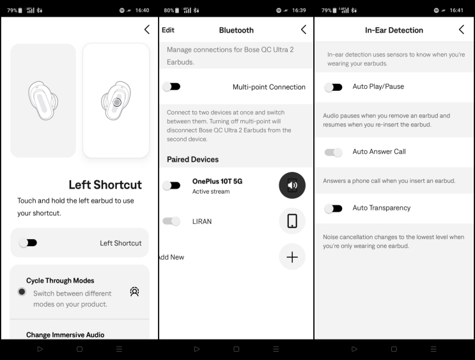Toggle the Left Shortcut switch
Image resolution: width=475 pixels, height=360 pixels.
click(28, 243)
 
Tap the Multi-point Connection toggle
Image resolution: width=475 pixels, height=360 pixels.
click(171, 87)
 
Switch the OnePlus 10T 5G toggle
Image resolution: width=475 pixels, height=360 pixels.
click(171, 185)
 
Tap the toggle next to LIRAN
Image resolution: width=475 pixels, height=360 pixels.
click(171, 221)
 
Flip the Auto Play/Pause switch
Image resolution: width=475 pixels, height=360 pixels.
click(333, 87)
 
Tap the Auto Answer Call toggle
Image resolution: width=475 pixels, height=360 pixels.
click(333, 152)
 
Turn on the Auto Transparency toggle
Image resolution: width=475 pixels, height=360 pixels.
click(333, 208)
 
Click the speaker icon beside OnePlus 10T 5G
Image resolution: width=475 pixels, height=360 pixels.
click(292, 185)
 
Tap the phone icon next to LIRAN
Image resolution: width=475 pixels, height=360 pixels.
click(292, 221)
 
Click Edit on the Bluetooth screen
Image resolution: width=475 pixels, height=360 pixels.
click(168, 30)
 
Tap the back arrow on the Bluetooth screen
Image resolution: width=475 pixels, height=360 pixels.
click(304, 29)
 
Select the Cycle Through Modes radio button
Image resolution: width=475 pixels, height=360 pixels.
click(22, 292)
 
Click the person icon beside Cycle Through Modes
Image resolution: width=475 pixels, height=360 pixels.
click(134, 292)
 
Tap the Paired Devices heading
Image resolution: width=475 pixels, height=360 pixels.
click(192, 159)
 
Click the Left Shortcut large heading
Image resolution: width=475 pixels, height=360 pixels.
click(105, 185)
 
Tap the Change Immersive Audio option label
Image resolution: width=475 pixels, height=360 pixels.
click(65, 334)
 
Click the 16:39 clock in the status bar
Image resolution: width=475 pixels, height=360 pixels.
click(299, 10)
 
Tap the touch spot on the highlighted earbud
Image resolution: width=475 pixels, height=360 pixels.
click(117, 102)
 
